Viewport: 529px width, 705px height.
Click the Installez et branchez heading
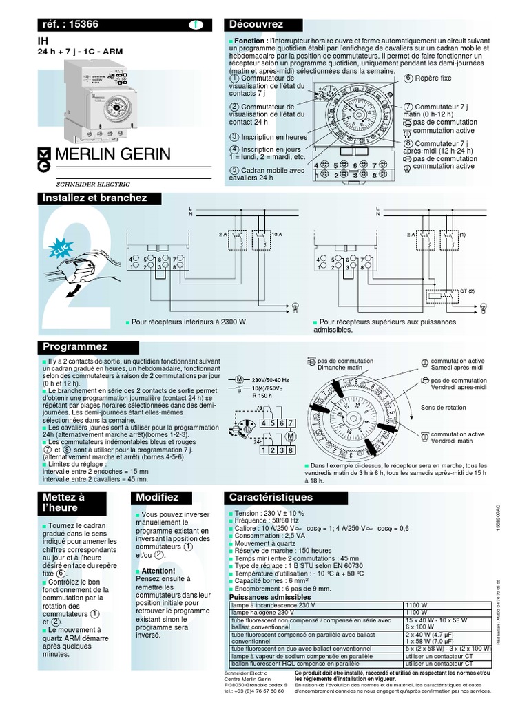coord(95,198)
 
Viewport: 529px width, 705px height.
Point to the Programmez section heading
coord(75,346)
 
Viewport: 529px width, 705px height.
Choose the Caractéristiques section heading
coord(271,497)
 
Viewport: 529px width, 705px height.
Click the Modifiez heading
coord(157,497)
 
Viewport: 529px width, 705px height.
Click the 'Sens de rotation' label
coord(443,408)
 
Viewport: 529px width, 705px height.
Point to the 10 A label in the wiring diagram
coord(278,235)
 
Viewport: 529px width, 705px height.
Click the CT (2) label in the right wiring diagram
coord(468,291)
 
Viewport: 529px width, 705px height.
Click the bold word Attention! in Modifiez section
coord(158,571)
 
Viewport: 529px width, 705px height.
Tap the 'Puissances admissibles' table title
coord(265,597)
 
